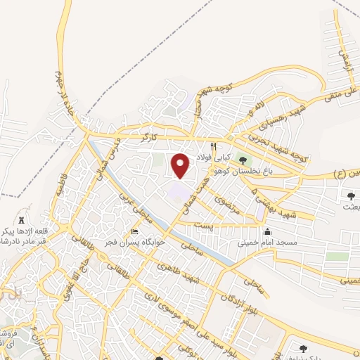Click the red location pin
[x=181, y=165]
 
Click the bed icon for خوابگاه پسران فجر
[x=135, y=232]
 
